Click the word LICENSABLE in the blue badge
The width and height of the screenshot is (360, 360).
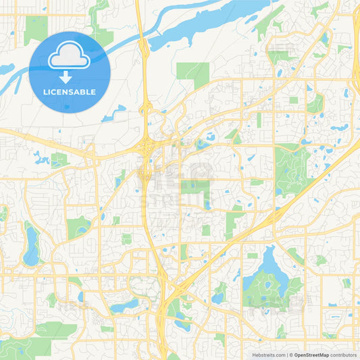coord(69,91)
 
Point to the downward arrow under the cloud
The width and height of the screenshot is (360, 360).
coord(69,75)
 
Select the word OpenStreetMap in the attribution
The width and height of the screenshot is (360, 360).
coord(311,355)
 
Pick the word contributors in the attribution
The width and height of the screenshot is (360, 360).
coord(344,355)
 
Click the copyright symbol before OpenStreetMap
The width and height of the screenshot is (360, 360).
coord(290,355)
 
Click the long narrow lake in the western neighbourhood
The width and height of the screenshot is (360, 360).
coord(31,247)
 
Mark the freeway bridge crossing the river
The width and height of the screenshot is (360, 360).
coord(144,47)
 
